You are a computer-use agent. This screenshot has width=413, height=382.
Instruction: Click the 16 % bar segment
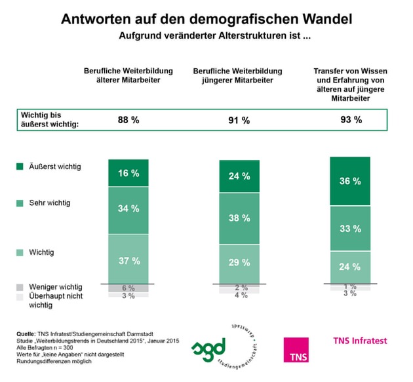pyautogui.click(x=128, y=173)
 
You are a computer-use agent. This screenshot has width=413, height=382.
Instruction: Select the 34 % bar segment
pyautogui.click(x=128, y=210)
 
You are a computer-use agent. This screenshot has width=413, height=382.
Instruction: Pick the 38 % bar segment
pyautogui.click(x=239, y=219)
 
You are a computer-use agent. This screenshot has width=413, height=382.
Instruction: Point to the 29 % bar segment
pyautogui.click(x=239, y=263)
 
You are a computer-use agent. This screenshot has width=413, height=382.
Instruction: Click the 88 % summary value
pyautogui.click(x=128, y=121)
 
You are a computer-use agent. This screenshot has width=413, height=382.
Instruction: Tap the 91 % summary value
pyautogui.click(x=239, y=121)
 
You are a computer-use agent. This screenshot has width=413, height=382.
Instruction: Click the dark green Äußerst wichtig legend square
pyautogui.click(x=20, y=167)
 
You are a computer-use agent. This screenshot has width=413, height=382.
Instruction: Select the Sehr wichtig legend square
pyautogui.click(x=20, y=203)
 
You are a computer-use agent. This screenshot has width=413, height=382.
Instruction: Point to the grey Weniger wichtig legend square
pyautogui.click(x=20, y=288)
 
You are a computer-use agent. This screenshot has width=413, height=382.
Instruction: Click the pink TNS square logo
pyautogui.click(x=296, y=349)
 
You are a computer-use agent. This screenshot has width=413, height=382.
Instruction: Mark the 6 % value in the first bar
pyautogui.click(x=128, y=288)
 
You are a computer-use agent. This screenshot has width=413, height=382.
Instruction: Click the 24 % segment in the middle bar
pyautogui.click(x=239, y=176)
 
